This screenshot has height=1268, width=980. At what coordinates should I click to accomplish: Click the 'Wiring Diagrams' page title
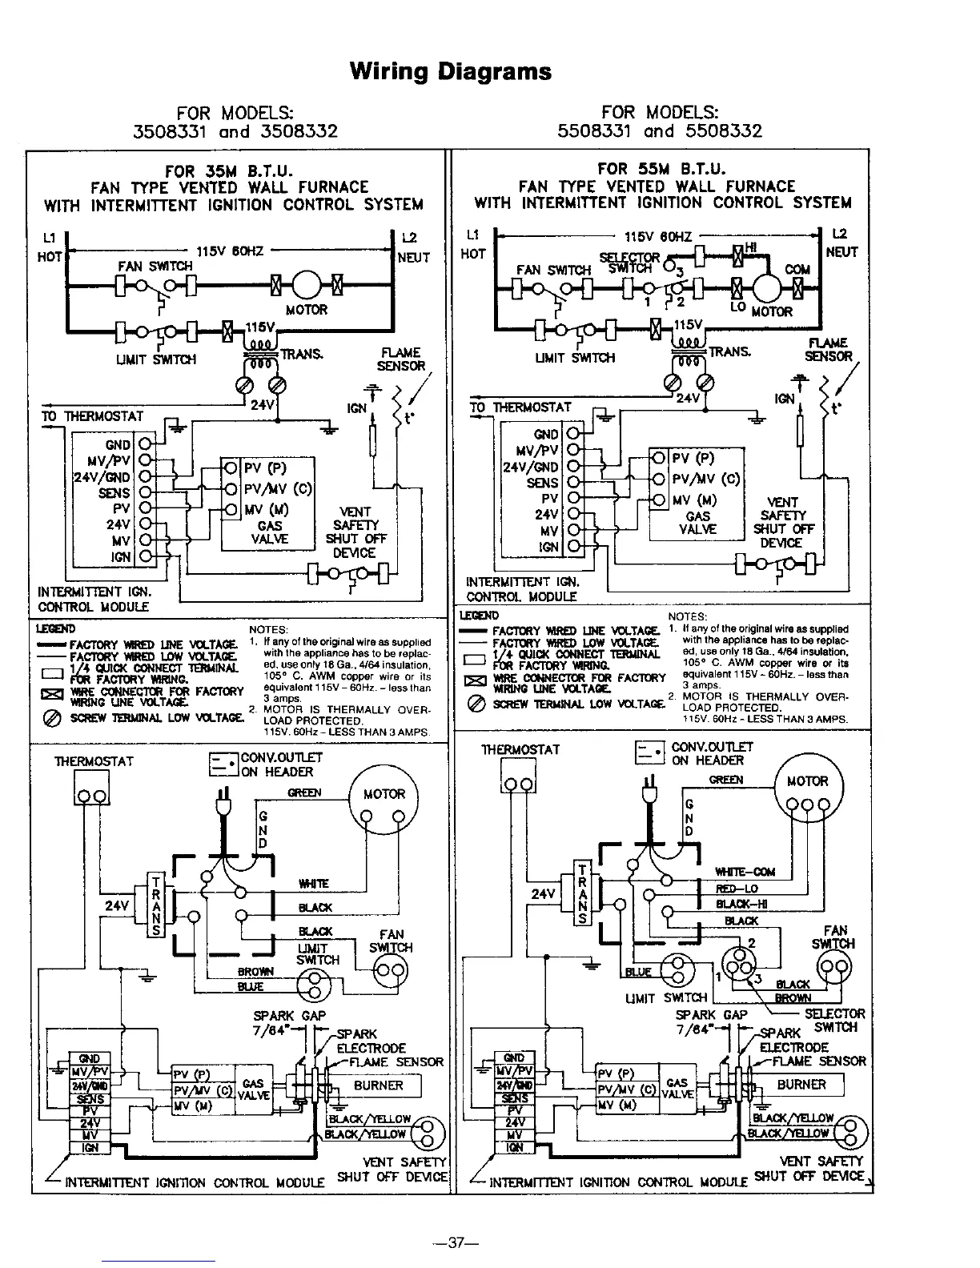pos(451,72)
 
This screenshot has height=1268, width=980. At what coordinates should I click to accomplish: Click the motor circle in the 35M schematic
pos(304,284)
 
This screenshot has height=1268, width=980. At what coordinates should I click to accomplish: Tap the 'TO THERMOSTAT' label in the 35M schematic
pos(92,416)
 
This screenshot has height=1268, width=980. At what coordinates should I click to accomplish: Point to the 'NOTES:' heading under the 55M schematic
pos(687,616)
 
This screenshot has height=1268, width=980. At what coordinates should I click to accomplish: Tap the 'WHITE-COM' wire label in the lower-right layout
pos(745,872)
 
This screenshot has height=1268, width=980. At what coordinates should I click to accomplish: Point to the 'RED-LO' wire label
pos(737,889)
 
